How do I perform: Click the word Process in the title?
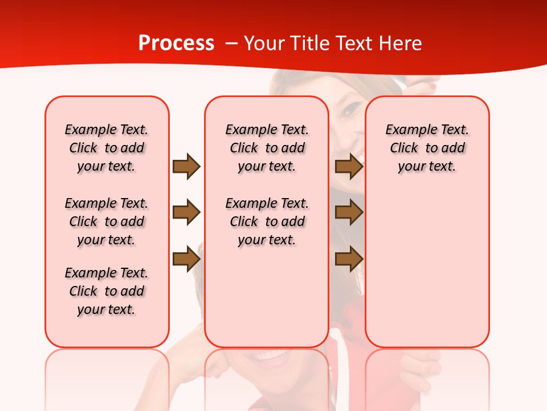point(176,43)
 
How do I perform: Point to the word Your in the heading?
point(264,43)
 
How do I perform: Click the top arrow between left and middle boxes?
point(186,167)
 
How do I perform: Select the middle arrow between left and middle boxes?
point(186,213)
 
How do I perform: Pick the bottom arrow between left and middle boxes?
point(186,259)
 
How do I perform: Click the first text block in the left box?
point(107,148)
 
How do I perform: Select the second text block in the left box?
point(107,221)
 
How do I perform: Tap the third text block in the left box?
point(107,291)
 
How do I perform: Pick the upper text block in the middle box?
point(267,148)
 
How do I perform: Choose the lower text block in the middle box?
point(267,221)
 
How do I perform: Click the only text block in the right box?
point(427,148)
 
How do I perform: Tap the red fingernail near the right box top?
point(432,87)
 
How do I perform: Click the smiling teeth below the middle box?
point(272,357)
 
